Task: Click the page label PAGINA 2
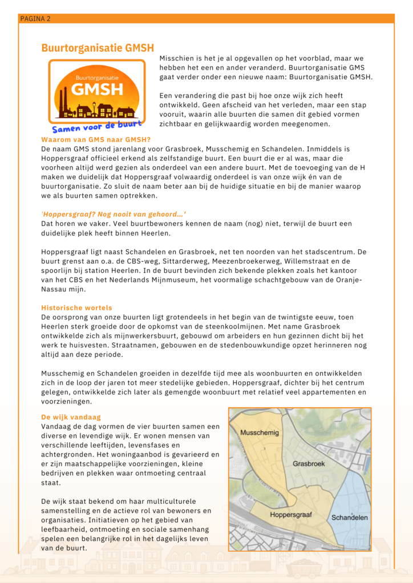[35, 19]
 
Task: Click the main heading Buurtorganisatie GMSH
[97, 48]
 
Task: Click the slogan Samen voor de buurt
[97, 125]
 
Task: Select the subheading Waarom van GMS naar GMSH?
[87, 139]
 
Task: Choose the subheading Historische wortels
[72, 307]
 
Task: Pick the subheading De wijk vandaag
[68, 417]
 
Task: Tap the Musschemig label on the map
[260, 433]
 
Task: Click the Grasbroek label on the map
[309, 463]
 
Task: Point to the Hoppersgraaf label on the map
[290, 515]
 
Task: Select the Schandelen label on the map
[349, 518]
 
